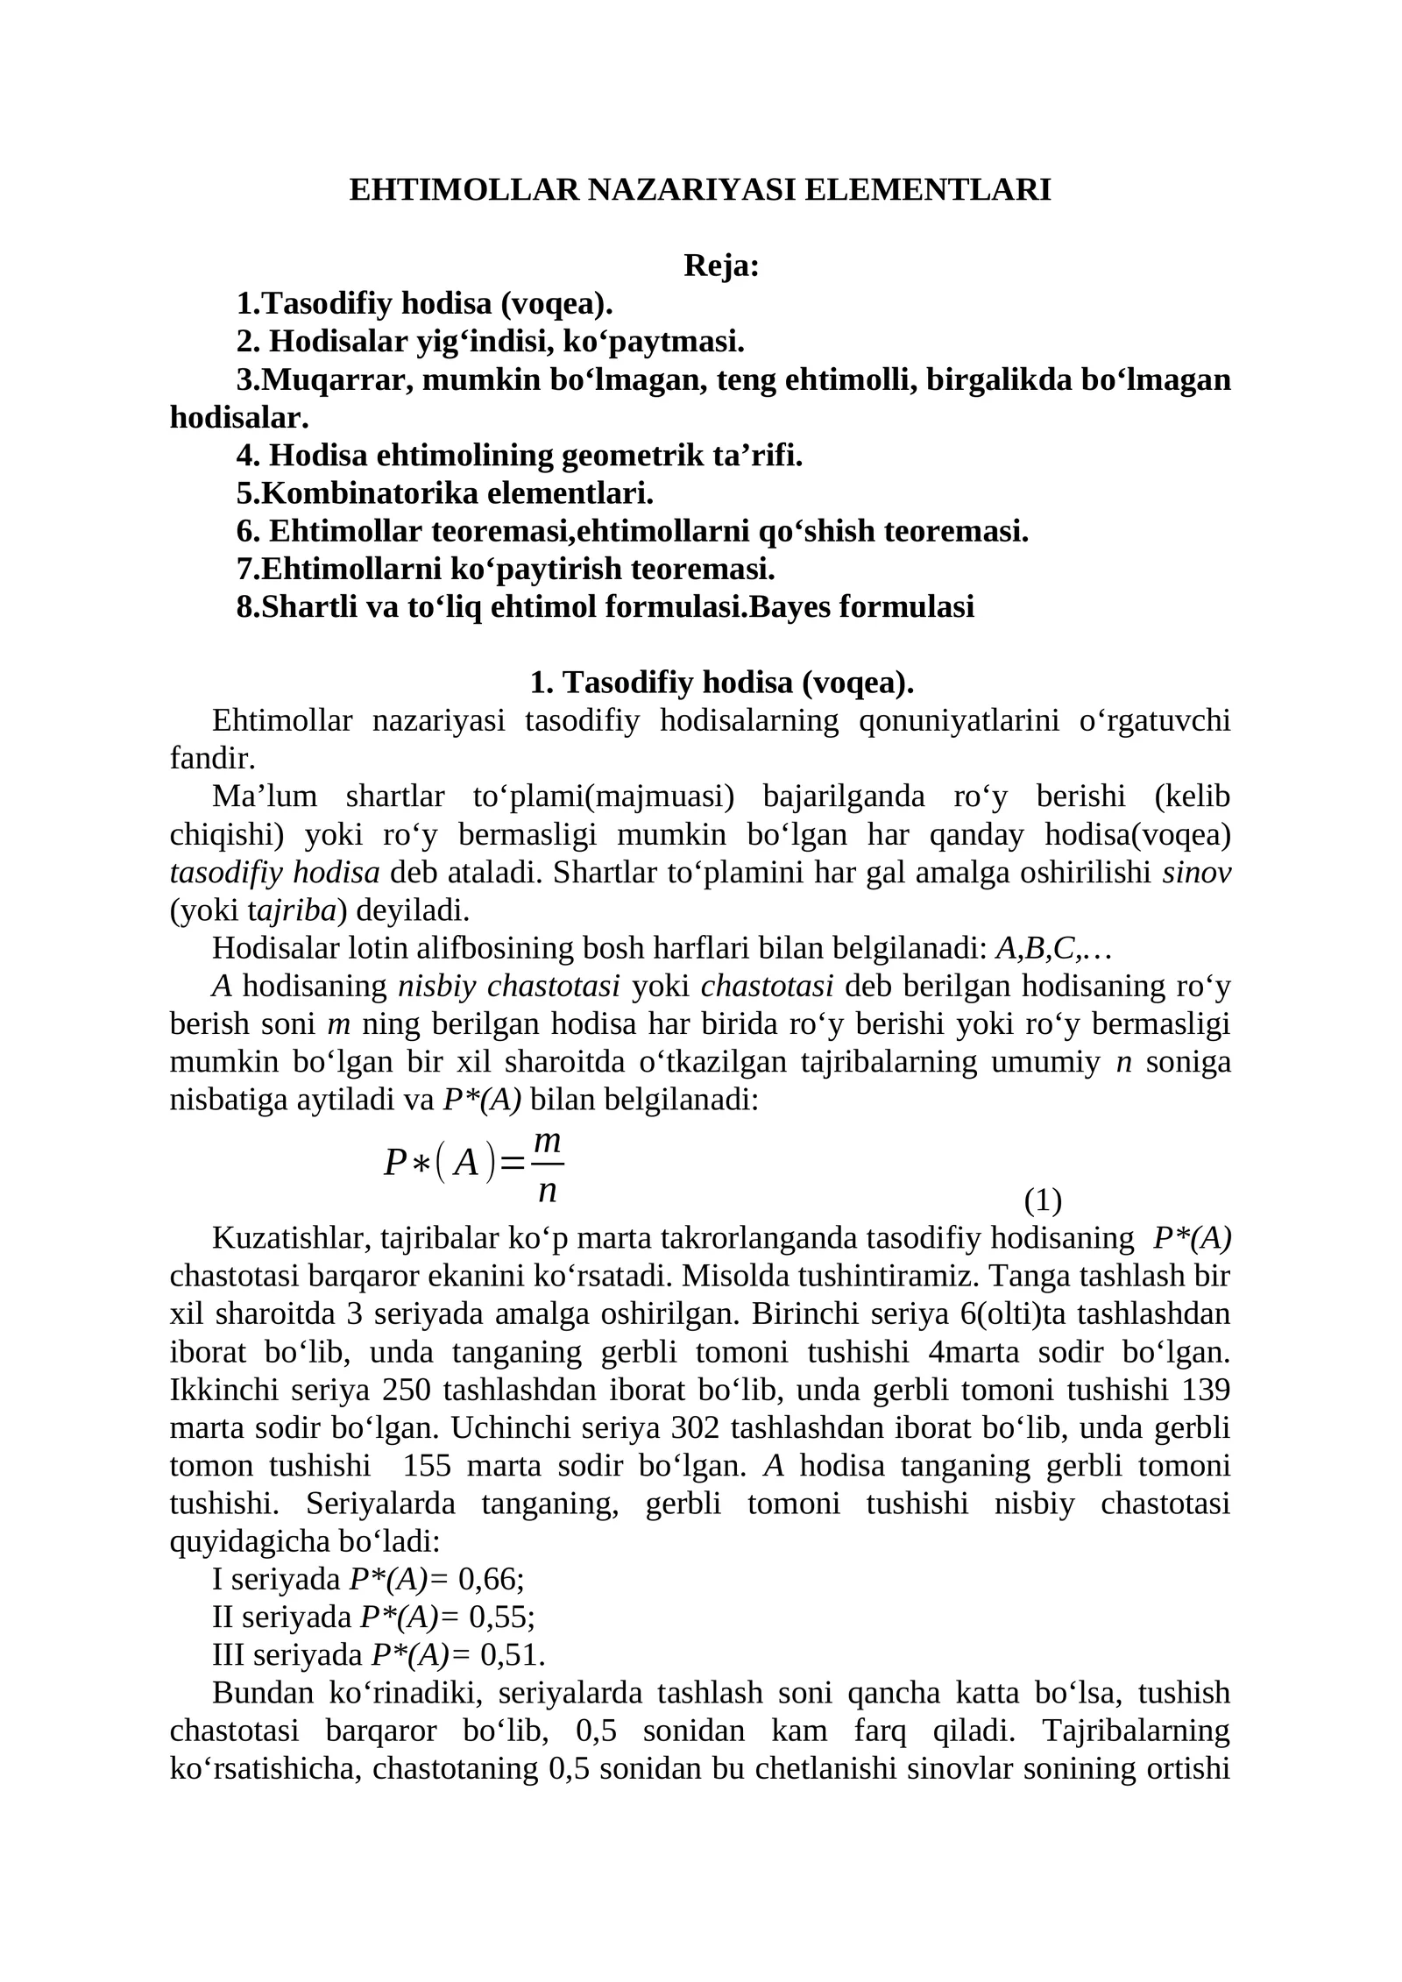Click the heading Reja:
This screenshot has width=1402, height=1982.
(x=720, y=265)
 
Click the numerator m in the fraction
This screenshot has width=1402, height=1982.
(x=548, y=1141)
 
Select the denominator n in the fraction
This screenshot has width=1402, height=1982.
(x=548, y=1190)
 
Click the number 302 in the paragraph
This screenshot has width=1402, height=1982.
(x=696, y=1427)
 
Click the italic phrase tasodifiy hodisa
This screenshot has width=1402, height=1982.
(x=274, y=873)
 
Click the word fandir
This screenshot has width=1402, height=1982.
(x=212, y=759)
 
